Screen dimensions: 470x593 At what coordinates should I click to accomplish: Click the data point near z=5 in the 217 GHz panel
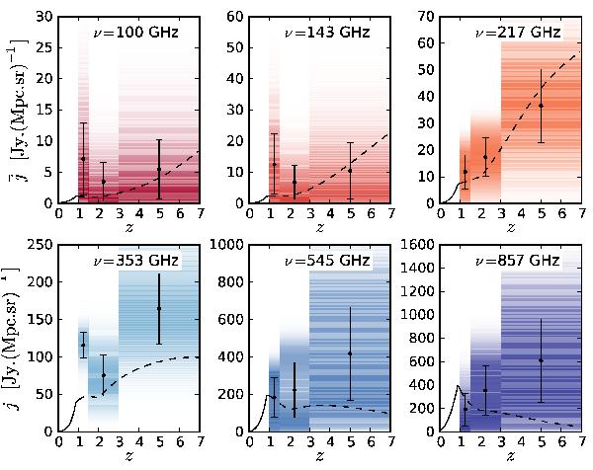pyautogui.click(x=541, y=106)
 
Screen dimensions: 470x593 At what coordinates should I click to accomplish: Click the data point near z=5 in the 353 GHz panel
pyautogui.click(x=158, y=308)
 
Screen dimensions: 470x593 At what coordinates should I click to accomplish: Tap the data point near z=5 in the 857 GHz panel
pyautogui.click(x=541, y=360)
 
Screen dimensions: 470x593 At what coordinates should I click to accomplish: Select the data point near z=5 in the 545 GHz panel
pyautogui.click(x=350, y=353)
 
